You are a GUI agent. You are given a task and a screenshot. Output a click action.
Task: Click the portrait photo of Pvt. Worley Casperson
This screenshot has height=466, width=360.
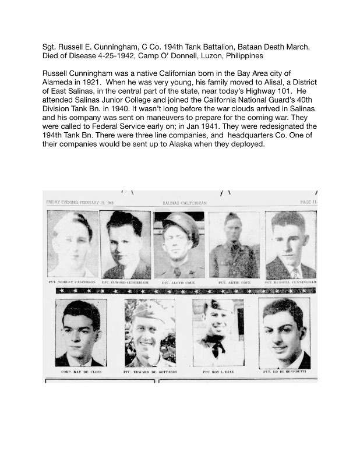click(73, 243)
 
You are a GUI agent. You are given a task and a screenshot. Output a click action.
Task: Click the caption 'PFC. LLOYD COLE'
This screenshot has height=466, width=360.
click(178, 282)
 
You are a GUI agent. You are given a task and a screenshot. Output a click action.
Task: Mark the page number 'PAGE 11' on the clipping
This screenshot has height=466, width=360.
click(308, 202)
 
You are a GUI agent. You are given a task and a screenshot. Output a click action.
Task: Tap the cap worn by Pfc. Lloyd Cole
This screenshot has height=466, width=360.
click(178, 222)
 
